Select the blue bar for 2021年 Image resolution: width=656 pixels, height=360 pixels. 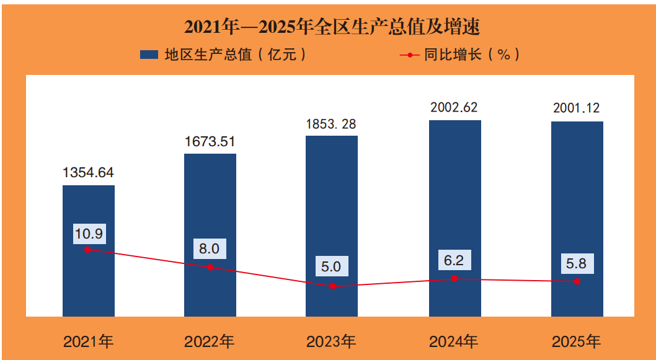tap(89, 251)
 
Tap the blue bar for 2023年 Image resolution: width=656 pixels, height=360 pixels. tap(332, 226)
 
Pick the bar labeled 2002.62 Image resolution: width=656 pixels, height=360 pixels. tap(455, 218)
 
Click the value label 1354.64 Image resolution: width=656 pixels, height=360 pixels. tap(88, 172)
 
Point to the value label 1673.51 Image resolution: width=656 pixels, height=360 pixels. tap(210, 141)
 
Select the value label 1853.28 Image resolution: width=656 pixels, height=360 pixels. tap(331, 124)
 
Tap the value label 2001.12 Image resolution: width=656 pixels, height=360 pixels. tap(577, 108)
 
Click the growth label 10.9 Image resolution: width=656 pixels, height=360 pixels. tap(89, 234)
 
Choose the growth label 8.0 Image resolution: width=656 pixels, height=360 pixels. tap(210, 249)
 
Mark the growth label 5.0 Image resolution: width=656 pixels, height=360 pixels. tap(331, 266)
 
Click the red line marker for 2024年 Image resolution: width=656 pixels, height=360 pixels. tap(454, 278)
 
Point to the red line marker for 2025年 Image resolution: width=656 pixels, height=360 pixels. tap(577, 281)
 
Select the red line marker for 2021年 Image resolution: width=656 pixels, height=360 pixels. tap(87, 250)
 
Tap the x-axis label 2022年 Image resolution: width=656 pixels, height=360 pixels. tap(209, 342)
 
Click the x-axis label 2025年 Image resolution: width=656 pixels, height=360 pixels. tap(577, 342)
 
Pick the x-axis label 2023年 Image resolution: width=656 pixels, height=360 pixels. tap(331, 342)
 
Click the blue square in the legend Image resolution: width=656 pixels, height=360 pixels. tap(149, 55)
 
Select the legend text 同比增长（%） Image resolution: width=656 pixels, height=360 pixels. tap(472, 55)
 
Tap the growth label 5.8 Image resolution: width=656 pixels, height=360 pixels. tap(577, 264)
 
